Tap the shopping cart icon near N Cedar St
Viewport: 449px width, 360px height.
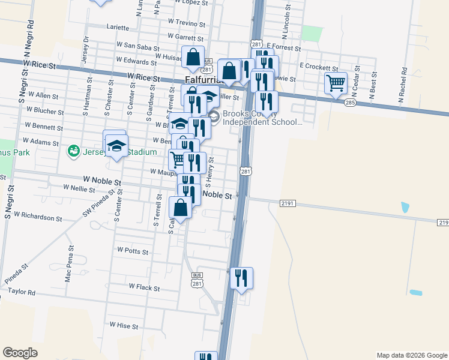(x=336, y=83)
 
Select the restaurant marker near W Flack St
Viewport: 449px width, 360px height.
(x=241, y=278)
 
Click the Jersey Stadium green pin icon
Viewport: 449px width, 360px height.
(x=73, y=150)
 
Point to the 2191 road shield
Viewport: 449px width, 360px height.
(x=288, y=204)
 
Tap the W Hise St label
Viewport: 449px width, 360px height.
(x=124, y=326)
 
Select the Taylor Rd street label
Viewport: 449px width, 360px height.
(x=22, y=292)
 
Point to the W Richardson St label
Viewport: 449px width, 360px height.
(x=38, y=214)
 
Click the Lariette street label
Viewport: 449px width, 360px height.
(x=118, y=28)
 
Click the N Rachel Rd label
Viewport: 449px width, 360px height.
(x=405, y=83)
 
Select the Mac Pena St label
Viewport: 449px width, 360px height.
(x=70, y=264)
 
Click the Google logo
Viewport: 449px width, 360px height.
(x=20, y=352)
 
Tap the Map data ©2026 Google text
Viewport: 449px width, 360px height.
(x=411, y=355)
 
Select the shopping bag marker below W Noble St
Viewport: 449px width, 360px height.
(x=181, y=208)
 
